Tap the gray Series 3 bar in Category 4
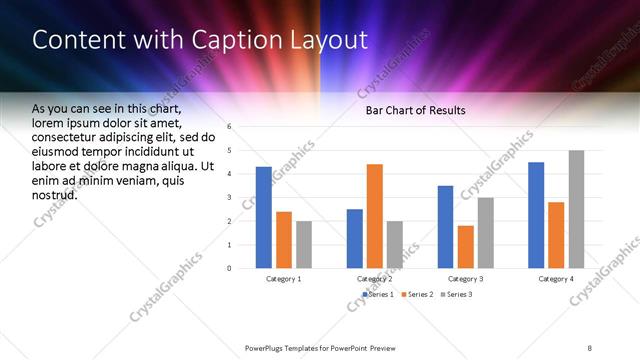coord(577,209)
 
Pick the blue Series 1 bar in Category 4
coord(536,215)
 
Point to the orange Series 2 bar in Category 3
coord(466,247)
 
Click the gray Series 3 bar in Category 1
coord(304,244)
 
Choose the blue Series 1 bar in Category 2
coord(355,238)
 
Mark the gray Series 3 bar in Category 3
coord(486,232)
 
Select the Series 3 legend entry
coord(456,295)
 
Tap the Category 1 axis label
coord(284,279)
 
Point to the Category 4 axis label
coord(557,279)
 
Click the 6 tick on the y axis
coord(230,127)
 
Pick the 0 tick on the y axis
coord(230,268)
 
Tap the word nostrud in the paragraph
coord(55,194)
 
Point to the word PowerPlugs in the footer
coord(267,347)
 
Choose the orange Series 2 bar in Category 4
coord(557,235)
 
